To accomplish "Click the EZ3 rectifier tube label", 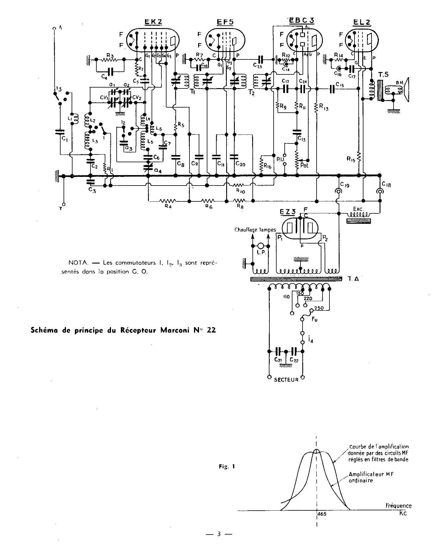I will coord(288,212).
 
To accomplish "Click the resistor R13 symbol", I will coord(316,107).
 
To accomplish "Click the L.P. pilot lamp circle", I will coord(261,246).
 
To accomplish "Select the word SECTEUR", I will coord(286,380).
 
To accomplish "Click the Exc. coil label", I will coord(358,209).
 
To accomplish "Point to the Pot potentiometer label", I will coord(304,165).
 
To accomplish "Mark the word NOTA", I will coord(78,263).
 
